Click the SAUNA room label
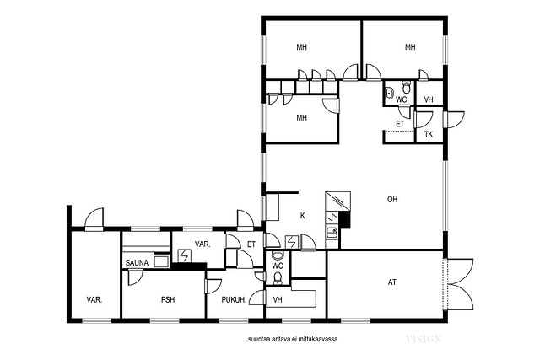click(x=137, y=263)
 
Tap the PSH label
click(x=168, y=300)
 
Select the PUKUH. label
click(x=234, y=300)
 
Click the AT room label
click(x=391, y=282)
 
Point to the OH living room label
click(x=392, y=199)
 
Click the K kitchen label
click(x=302, y=216)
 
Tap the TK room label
click(x=429, y=134)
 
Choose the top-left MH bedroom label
click(x=302, y=47)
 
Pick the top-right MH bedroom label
click(x=410, y=47)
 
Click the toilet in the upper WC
click(x=407, y=87)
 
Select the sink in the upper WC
click(x=390, y=93)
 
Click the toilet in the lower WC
click(x=278, y=278)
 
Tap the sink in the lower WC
click(x=278, y=255)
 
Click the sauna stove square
click(x=160, y=261)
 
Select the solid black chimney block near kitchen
click(x=345, y=220)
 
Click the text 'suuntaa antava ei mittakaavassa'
click(x=293, y=339)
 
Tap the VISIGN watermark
click(x=424, y=339)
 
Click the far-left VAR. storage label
click(x=94, y=300)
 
